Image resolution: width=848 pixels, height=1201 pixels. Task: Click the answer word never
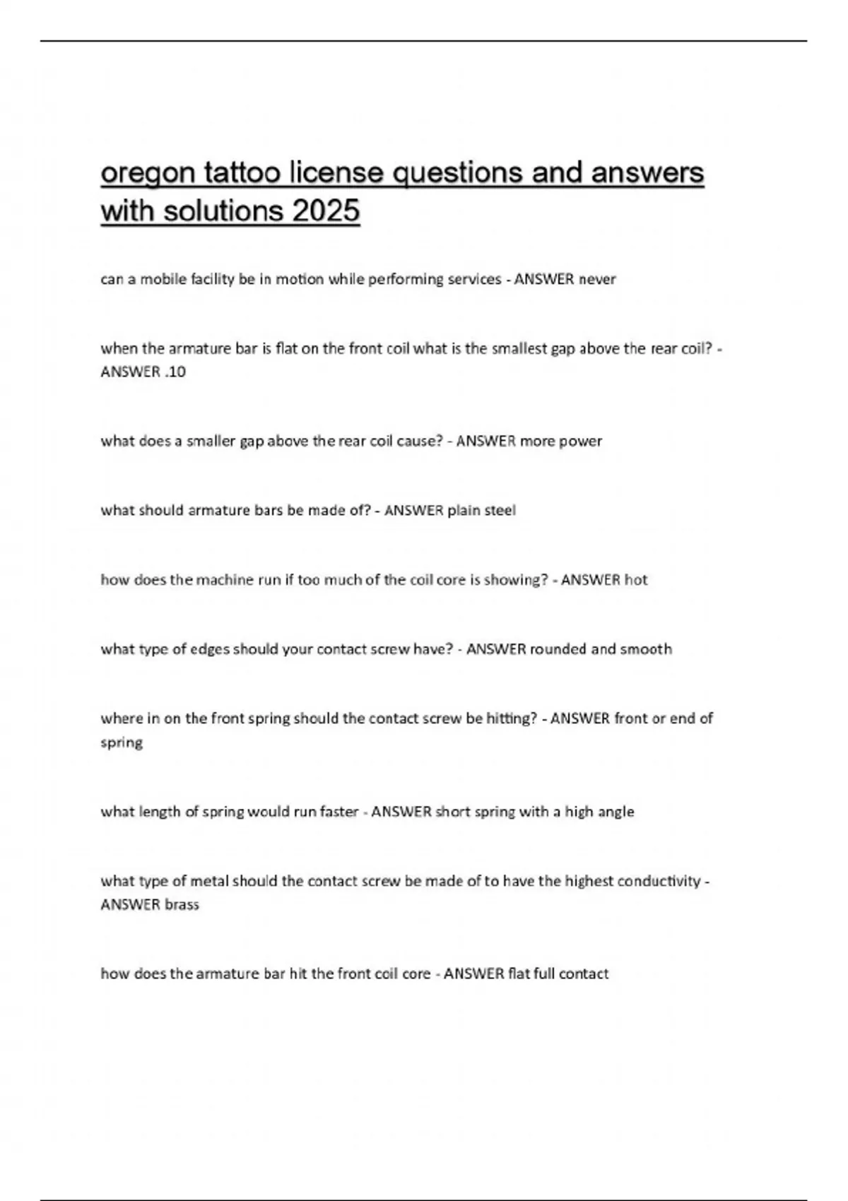[597, 279]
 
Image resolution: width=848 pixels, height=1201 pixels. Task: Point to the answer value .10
[174, 372]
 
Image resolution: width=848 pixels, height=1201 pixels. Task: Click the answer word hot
[635, 579]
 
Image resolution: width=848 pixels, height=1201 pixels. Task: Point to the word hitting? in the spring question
[512, 718]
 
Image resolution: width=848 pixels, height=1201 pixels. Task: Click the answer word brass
[182, 904]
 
